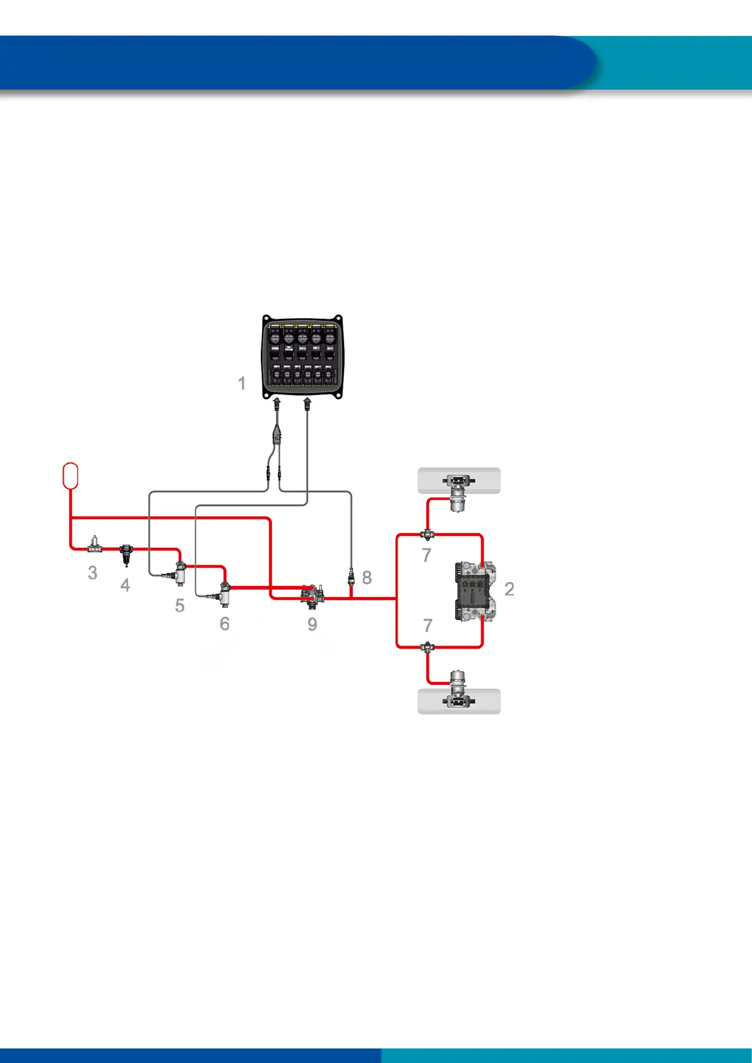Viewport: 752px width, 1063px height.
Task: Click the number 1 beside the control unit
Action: pyautogui.click(x=241, y=383)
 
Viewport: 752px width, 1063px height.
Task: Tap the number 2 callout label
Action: pyautogui.click(x=510, y=589)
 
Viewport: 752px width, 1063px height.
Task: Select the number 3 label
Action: pyautogui.click(x=93, y=573)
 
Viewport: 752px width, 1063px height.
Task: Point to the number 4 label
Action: pyautogui.click(x=125, y=585)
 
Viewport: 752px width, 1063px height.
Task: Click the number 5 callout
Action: pyautogui.click(x=180, y=606)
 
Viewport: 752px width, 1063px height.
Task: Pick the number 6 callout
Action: pyautogui.click(x=224, y=624)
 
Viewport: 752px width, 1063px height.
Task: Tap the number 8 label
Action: pyautogui.click(x=367, y=577)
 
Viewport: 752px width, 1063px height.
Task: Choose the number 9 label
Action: pyautogui.click(x=312, y=624)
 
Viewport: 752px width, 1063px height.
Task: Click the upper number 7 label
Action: pyautogui.click(x=427, y=555)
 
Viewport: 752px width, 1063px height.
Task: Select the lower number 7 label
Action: pyautogui.click(x=427, y=625)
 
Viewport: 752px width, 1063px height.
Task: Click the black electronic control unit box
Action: pyautogui.click(x=302, y=357)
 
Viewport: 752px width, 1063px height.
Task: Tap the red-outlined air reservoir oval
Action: pyautogui.click(x=71, y=475)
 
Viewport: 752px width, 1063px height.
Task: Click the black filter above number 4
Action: pyautogui.click(x=126, y=554)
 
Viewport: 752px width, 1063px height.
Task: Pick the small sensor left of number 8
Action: pyautogui.click(x=352, y=575)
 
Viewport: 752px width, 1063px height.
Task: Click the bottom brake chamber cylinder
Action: pyautogui.click(x=459, y=680)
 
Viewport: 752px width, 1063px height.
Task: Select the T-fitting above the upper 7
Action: pyautogui.click(x=427, y=535)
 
